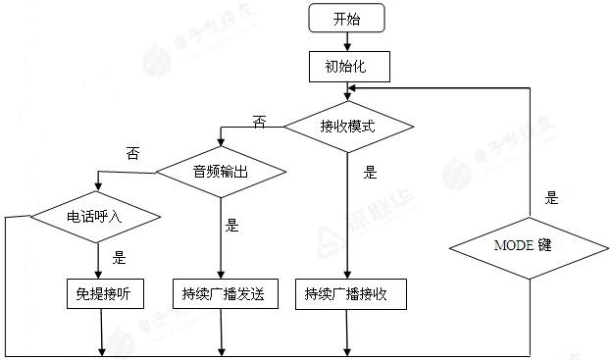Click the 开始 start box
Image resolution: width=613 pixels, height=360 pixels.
click(346, 18)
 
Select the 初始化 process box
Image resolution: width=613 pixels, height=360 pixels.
click(349, 67)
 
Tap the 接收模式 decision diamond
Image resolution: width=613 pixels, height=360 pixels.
click(347, 127)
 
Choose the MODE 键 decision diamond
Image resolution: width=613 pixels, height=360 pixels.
click(530, 244)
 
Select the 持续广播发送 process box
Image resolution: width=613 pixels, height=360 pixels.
click(224, 293)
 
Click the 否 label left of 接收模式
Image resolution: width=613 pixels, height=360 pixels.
click(260, 122)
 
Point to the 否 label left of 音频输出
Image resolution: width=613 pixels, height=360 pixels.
click(132, 153)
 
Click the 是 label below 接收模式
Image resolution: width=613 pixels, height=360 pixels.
click(370, 173)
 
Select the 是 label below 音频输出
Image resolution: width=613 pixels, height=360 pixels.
click(232, 225)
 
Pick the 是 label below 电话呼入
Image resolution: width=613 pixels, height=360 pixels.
click(121, 258)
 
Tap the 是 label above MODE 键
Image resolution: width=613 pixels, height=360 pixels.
click(551, 198)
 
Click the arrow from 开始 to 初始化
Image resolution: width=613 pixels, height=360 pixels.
click(347, 41)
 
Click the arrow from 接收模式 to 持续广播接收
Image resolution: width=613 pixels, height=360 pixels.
click(347, 216)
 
